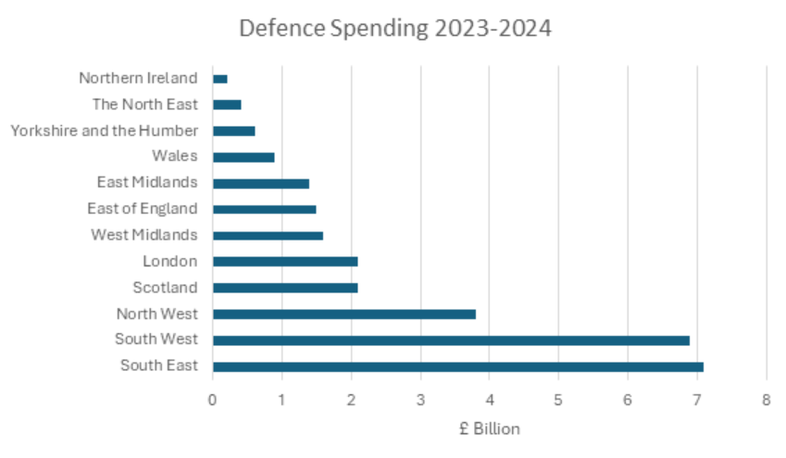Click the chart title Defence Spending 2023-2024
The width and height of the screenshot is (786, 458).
click(394, 29)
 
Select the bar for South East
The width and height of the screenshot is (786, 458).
click(458, 366)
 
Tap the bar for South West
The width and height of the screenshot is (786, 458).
click(451, 340)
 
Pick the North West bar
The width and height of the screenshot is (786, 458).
click(344, 314)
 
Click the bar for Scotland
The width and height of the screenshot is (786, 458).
click(285, 288)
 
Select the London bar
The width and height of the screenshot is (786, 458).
click(285, 262)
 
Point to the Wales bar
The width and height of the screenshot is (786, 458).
click(243, 157)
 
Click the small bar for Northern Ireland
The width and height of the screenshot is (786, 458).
click(220, 79)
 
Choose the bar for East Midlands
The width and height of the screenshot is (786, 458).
click(261, 183)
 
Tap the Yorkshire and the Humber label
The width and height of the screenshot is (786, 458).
click(104, 130)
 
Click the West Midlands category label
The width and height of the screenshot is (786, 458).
click(143, 235)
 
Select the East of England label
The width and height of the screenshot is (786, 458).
click(142, 209)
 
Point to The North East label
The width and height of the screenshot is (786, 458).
click(144, 105)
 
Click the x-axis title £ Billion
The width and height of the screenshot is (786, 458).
click(489, 428)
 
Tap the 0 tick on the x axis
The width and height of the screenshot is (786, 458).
click(213, 400)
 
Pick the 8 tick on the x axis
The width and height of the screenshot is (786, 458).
click(766, 400)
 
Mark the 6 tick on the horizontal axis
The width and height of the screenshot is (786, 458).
click(628, 400)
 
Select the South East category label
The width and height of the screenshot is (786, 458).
click(158, 365)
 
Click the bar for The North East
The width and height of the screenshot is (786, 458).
click(227, 105)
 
